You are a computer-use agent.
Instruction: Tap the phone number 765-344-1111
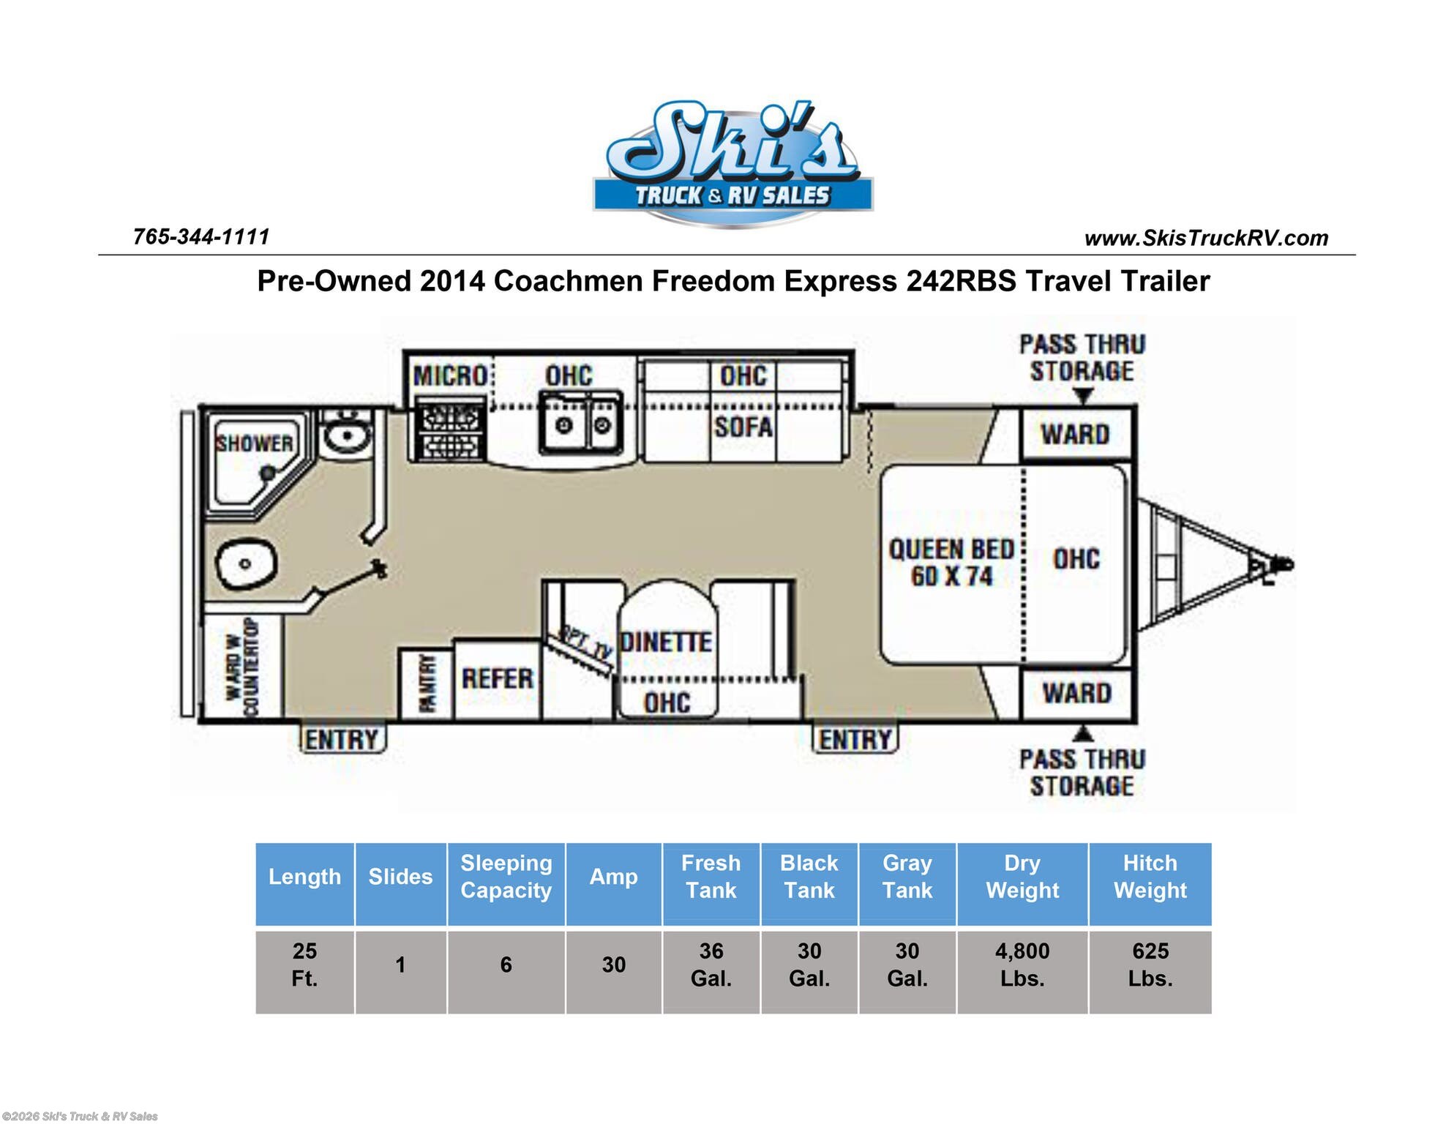point(201,236)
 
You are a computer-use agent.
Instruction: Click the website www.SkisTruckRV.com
point(1206,238)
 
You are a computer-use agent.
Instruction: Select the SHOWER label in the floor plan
point(254,443)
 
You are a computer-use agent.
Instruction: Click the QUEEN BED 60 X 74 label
point(951,563)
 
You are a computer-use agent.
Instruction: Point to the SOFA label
point(743,427)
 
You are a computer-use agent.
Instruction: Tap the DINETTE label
point(666,642)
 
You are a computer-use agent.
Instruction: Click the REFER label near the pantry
point(498,678)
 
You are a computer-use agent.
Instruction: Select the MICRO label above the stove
point(450,376)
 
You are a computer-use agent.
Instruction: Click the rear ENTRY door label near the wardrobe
point(342,740)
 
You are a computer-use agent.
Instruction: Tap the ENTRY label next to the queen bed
point(855,740)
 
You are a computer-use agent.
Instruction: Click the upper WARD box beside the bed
point(1075,434)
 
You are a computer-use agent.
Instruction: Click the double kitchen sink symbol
point(582,424)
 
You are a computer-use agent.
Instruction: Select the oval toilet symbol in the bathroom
point(246,564)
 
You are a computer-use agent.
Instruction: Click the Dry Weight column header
point(1022,877)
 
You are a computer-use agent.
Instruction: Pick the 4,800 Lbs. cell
point(1022,964)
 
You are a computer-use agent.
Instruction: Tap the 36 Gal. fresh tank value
point(711,964)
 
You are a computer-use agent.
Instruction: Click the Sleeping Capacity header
point(506,877)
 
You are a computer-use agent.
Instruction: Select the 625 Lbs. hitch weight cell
point(1150,964)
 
